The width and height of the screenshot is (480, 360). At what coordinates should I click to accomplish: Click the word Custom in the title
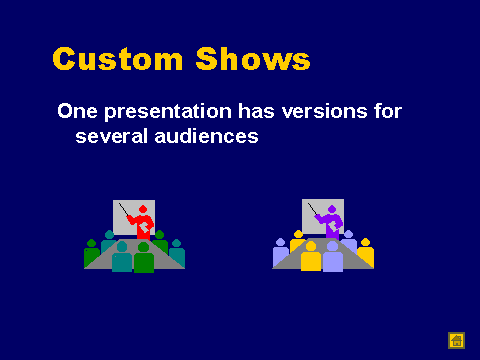point(118,59)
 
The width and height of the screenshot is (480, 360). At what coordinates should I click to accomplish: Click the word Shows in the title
point(253,58)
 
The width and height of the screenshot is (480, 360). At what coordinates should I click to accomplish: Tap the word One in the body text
point(77,111)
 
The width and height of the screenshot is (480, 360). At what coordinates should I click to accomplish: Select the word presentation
point(168,112)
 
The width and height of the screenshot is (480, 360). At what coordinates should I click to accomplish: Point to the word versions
point(324,111)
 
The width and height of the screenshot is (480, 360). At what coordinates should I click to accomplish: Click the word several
point(111,136)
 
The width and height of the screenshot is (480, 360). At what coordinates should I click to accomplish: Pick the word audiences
point(206,136)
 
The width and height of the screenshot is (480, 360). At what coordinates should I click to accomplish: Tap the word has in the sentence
point(256,111)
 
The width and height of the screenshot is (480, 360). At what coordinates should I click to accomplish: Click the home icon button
point(456,340)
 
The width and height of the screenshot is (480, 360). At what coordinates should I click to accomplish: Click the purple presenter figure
point(331,222)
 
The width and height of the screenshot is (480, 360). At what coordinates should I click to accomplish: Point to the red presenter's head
point(143,209)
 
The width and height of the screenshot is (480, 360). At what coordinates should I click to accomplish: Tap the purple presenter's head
point(332,209)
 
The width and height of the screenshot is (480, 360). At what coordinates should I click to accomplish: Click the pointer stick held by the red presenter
point(124,209)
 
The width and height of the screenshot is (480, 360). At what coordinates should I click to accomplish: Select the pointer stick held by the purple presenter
point(312,209)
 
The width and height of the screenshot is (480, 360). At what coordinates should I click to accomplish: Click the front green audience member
point(144,257)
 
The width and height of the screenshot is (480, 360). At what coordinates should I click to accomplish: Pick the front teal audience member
point(122,256)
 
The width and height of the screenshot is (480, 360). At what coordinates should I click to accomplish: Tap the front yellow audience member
point(311,256)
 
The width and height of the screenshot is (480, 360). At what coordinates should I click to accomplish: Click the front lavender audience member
point(333,256)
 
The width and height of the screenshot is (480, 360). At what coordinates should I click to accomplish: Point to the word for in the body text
point(388,111)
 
